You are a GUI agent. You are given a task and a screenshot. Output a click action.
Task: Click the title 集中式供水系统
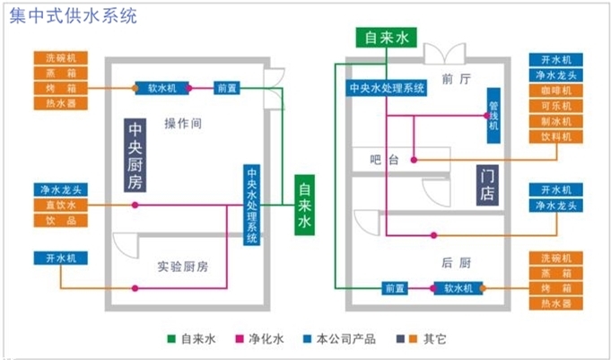pos(74,16)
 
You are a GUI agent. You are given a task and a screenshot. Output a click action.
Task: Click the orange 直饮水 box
pos(62,206)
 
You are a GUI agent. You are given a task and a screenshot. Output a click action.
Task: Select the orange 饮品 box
pos(62,221)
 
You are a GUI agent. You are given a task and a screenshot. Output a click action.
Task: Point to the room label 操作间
pos(183,122)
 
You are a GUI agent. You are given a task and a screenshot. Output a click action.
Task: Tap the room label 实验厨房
pos(182,267)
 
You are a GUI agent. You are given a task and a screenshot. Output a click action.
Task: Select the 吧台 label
pos(384,160)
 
